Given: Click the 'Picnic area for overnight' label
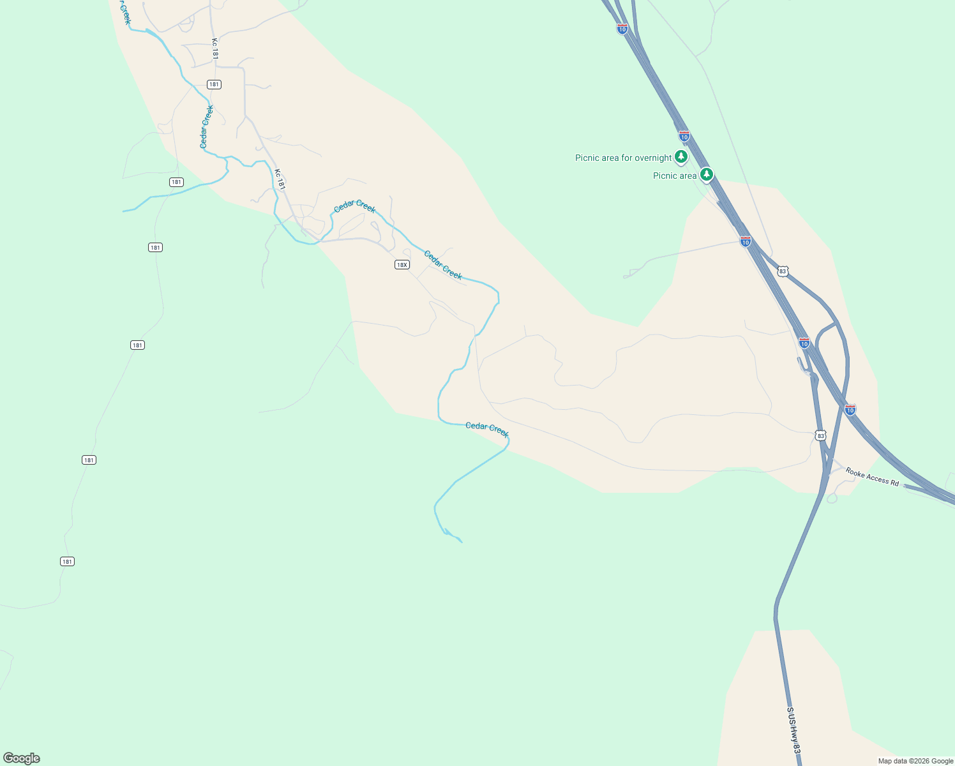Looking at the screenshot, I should (623, 158).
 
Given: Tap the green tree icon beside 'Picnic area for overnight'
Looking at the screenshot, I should (681, 156).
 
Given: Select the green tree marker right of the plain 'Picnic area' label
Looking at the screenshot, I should (706, 174).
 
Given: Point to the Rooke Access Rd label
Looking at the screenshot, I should (872, 477).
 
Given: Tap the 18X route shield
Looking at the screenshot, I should (402, 265).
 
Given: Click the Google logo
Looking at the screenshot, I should (22, 758).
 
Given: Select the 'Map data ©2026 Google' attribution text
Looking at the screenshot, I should (915, 761).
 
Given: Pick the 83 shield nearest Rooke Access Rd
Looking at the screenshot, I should (820, 435).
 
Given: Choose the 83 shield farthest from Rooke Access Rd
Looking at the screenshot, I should (783, 271).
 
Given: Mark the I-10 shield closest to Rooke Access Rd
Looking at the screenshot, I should (850, 409).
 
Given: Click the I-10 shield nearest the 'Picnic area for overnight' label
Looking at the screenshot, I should (684, 136).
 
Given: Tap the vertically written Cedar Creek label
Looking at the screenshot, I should (206, 127).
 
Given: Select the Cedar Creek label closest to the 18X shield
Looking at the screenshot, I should (442, 265).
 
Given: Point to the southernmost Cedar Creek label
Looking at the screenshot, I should (487, 430).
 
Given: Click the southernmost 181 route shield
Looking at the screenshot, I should (67, 562).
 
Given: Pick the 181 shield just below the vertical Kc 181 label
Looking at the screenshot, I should (214, 84).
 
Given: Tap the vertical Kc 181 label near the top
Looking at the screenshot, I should (215, 49).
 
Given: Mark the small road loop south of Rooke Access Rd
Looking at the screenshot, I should (831, 498).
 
